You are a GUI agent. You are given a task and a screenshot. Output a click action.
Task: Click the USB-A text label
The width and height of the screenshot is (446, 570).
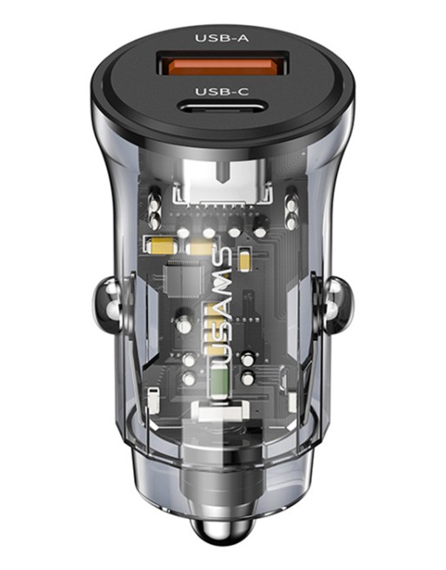pyautogui.click(x=222, y=37)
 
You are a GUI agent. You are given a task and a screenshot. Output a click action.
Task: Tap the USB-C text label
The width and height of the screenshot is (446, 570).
pyautogui.click(x=222, y=91)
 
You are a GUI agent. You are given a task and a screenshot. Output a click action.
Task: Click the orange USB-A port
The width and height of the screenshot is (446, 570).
pyautogui.click(x=223, y=64)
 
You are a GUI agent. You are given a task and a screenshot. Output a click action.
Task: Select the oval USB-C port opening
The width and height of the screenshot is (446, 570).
pyautogui.click(x=222, y=107)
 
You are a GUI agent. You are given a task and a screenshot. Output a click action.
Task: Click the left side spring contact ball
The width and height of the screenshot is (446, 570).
pyautogui.click(x=108, y=305)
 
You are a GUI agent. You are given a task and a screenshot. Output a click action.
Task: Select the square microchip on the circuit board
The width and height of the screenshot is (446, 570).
pyautogui.click(x=181, y=279)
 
